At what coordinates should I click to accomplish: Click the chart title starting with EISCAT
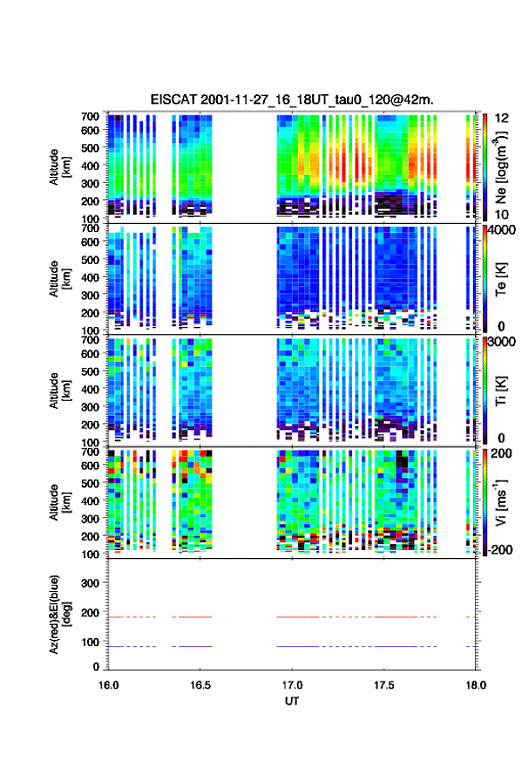tap(292, 100)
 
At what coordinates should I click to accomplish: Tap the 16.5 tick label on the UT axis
tap(200, 685)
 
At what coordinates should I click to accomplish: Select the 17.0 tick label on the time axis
tap(292, 685)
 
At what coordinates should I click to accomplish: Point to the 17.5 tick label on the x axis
tap(384, 685)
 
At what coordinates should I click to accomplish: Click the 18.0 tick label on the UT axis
tap(476, 685)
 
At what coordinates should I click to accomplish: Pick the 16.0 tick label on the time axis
tap(108, 685)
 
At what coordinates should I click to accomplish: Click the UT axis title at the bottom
tap(292, 701)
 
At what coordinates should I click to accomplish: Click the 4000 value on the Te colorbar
tap(501, 231)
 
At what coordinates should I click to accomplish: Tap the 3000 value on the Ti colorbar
tap(501, 341)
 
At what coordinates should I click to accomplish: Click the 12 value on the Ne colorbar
tap(502, 118)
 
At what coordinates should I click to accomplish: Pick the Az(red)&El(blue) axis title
tap(60, 614)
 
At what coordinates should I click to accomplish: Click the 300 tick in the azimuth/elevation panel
tap(91, 583)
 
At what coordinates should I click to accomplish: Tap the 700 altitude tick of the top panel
tap(91, 116)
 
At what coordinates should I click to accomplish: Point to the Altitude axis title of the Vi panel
tap(60, 502)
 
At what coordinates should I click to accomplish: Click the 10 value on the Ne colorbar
tap(502, 214)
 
